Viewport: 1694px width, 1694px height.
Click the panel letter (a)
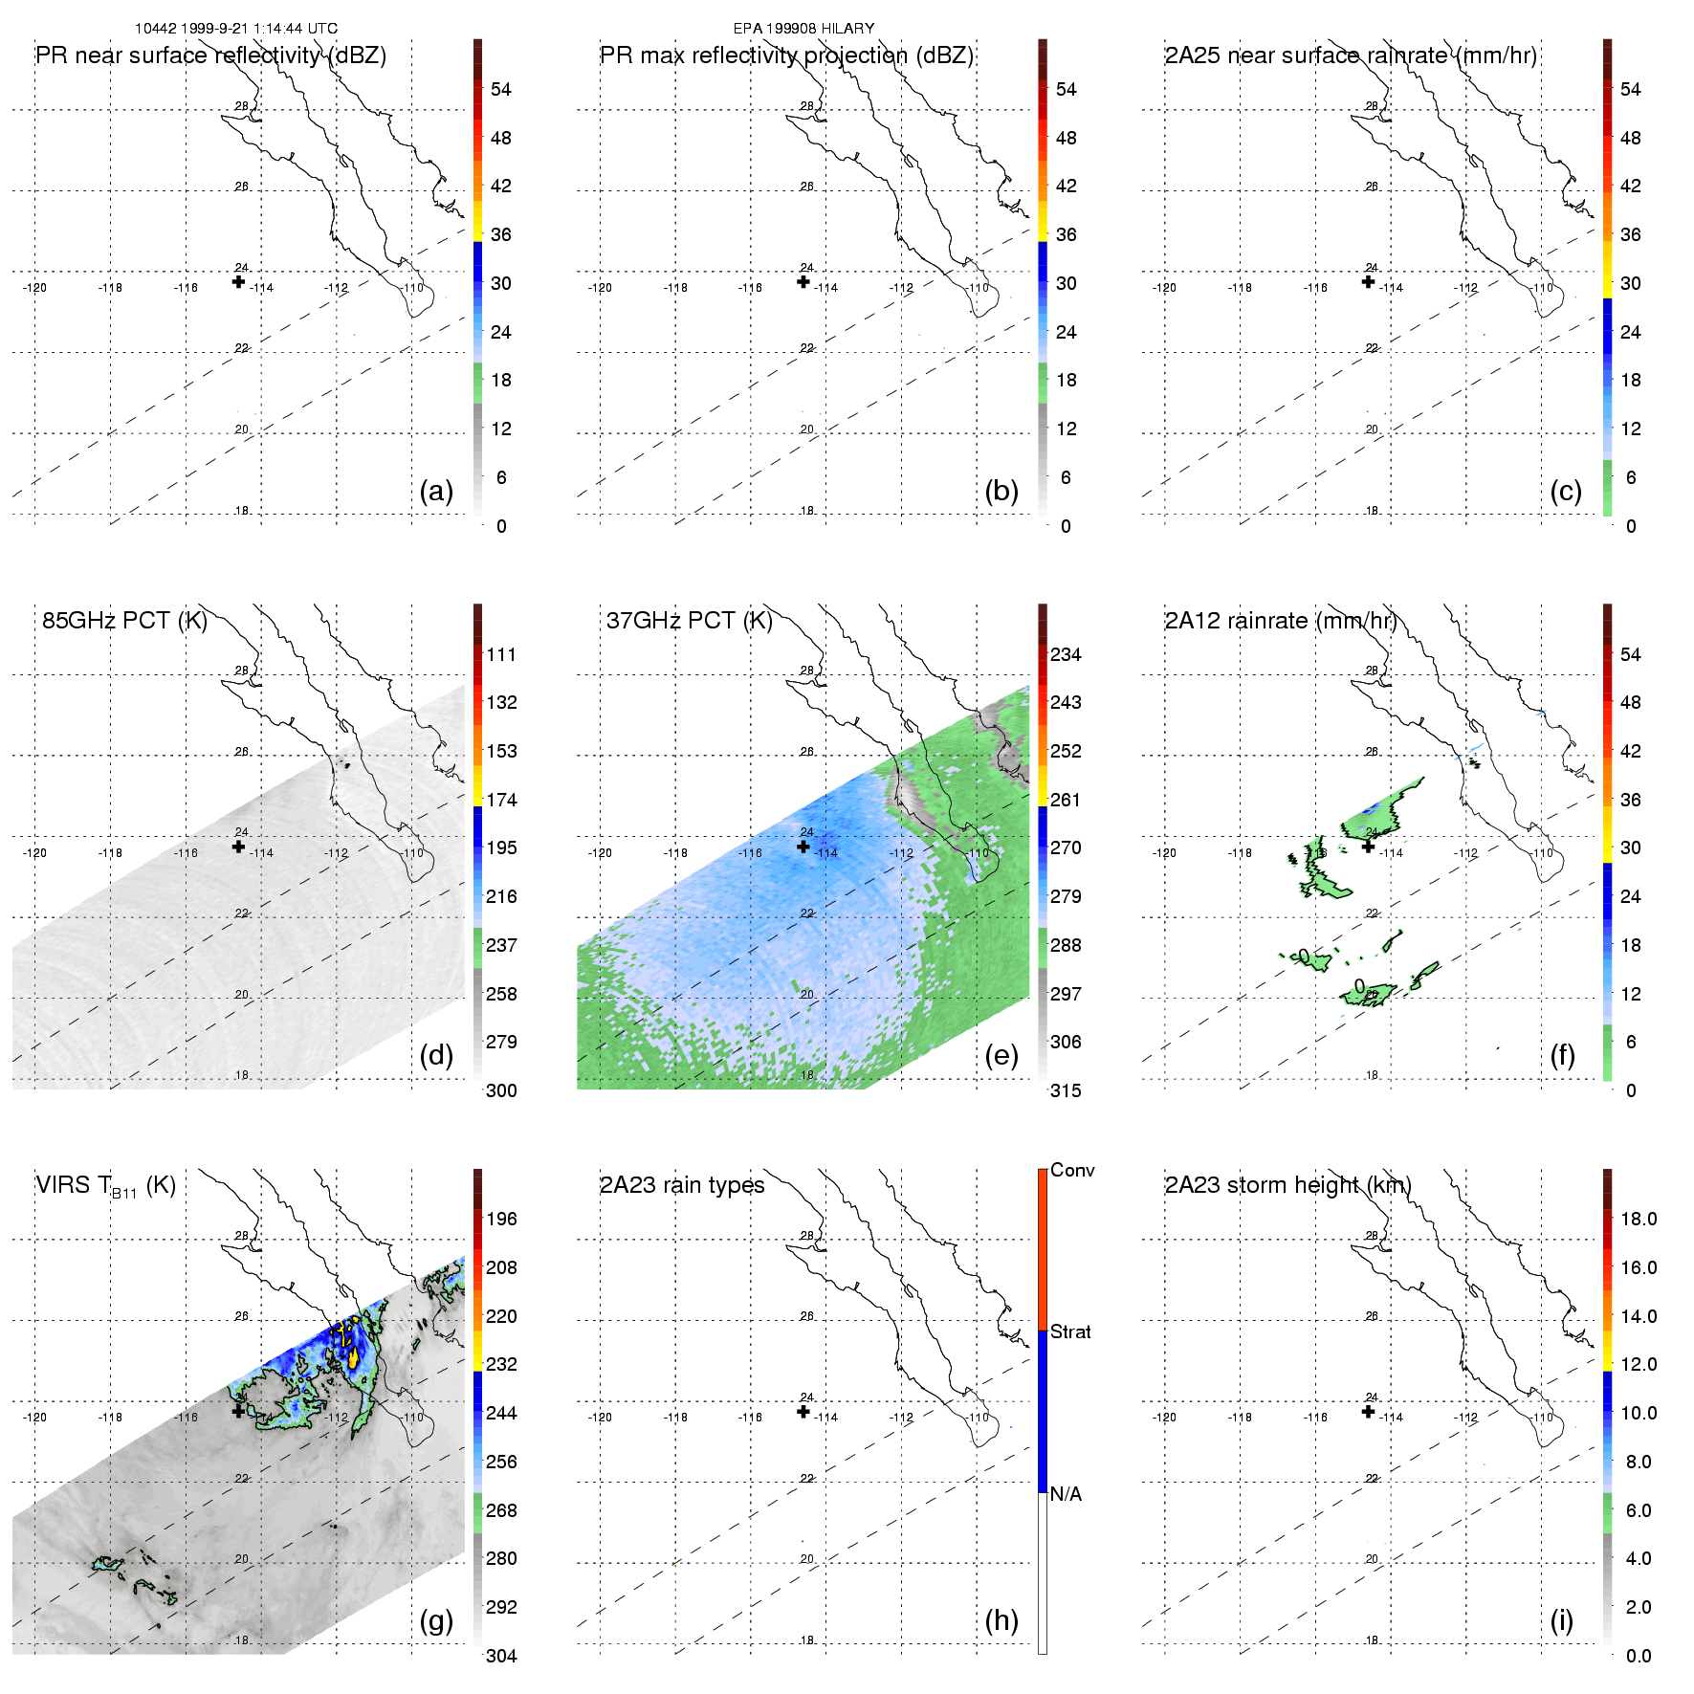[x=436, y=492]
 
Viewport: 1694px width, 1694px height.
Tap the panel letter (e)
[x=1001, y=1056]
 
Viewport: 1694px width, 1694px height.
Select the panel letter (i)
[x=1561, y=1620]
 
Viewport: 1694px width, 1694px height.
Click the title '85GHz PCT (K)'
[x=124, y=621]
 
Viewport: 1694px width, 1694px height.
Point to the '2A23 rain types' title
[x=682, y=1185]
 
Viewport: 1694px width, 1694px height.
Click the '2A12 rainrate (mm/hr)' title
[x=1281, y=621]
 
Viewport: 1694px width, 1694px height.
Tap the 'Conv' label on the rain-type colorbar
[x=1072, y=1170]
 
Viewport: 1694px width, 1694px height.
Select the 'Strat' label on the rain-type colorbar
[x=1070, y=1331]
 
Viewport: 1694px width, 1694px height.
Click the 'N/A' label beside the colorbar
[x=1066, y=1494]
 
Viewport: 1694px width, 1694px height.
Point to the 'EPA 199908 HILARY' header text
[x=803, y=29]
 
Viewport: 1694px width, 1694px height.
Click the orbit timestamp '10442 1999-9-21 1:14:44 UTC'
[x=236, y=29]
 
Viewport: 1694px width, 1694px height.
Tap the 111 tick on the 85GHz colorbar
[x=501, y=654]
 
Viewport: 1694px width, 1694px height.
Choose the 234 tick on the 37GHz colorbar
[x=1066, y=654]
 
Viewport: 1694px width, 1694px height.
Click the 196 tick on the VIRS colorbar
[x=501, y=1219]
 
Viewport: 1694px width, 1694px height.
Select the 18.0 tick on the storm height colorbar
[x=1638, y=1219]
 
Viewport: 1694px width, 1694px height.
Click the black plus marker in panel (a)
[x=238, y=281]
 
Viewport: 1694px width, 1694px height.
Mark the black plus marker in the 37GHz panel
[x=803, y=847]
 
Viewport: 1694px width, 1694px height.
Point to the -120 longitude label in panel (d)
[x=34, y=853]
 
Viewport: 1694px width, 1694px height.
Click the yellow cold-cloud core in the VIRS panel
[x=353, y=1355]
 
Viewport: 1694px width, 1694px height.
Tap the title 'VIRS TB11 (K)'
[x=105, y=1186]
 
